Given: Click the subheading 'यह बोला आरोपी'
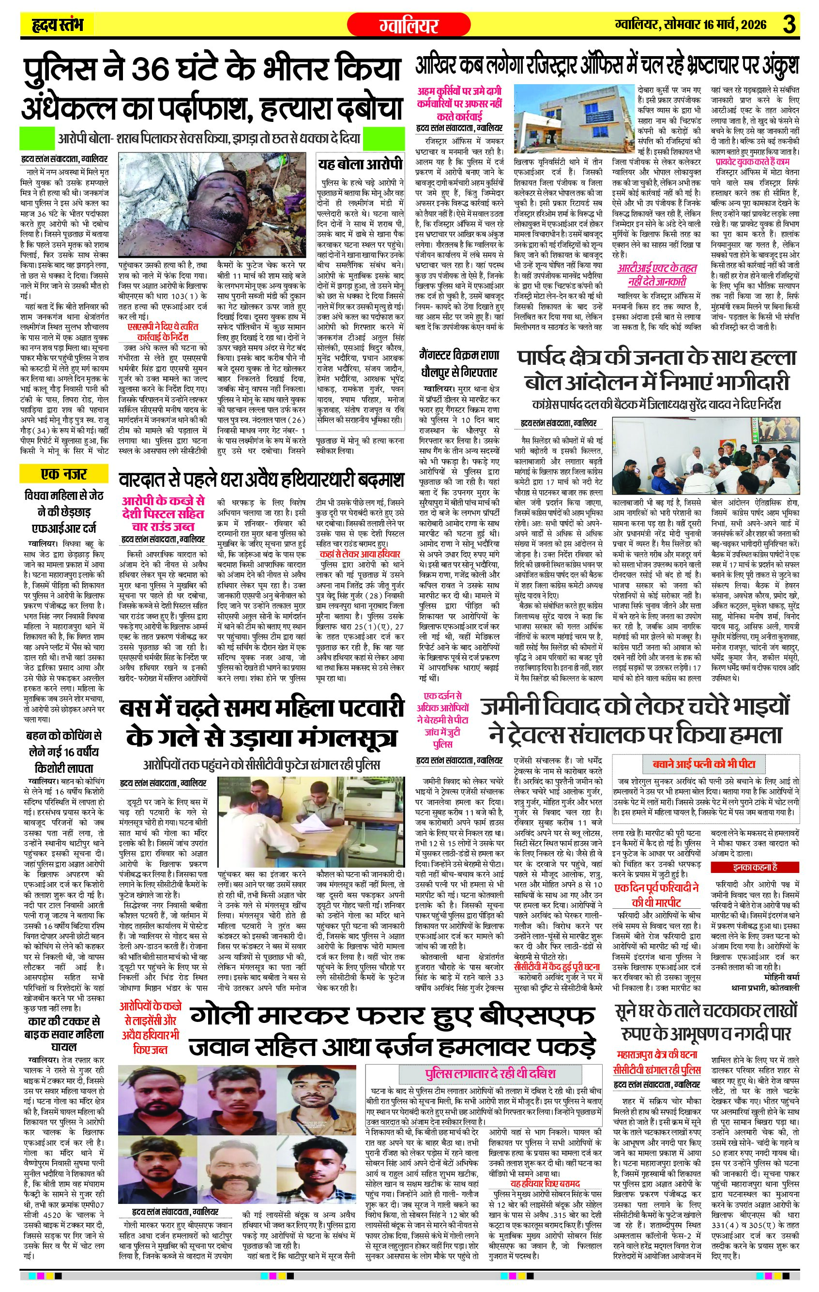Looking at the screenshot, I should click(x=360, y=164).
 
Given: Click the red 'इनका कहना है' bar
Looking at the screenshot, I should click(x=755, y=867).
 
